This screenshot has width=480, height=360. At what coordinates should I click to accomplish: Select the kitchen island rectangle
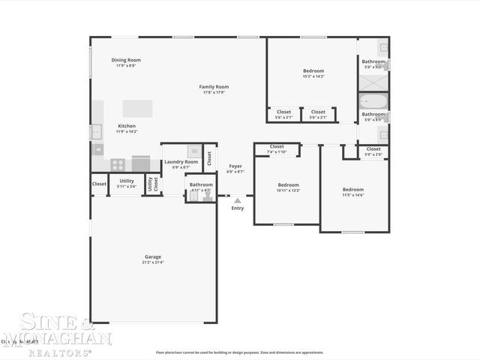[x=137, y=108]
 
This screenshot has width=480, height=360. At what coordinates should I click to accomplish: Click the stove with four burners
[x=118, y=164]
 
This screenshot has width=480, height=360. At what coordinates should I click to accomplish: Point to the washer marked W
[x=193, y=151]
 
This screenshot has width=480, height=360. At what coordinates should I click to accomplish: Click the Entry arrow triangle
[x=237, y=200]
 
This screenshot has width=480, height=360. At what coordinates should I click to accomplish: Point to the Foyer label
[x=235, y=168]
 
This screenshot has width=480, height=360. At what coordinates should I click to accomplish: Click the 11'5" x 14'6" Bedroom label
[x=352, y=191]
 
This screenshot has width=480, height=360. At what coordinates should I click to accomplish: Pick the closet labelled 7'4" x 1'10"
[x=277, y=148]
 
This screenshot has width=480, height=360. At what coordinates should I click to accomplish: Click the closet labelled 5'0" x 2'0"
[x=373, y=151]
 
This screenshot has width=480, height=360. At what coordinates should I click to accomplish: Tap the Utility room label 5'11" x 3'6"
[x=127, y=182]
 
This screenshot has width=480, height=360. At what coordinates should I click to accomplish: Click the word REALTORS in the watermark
[x=68, y=351]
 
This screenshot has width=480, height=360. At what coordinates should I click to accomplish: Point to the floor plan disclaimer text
[x=239, y=352]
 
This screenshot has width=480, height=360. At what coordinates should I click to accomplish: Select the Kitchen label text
[x=127, y=127]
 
